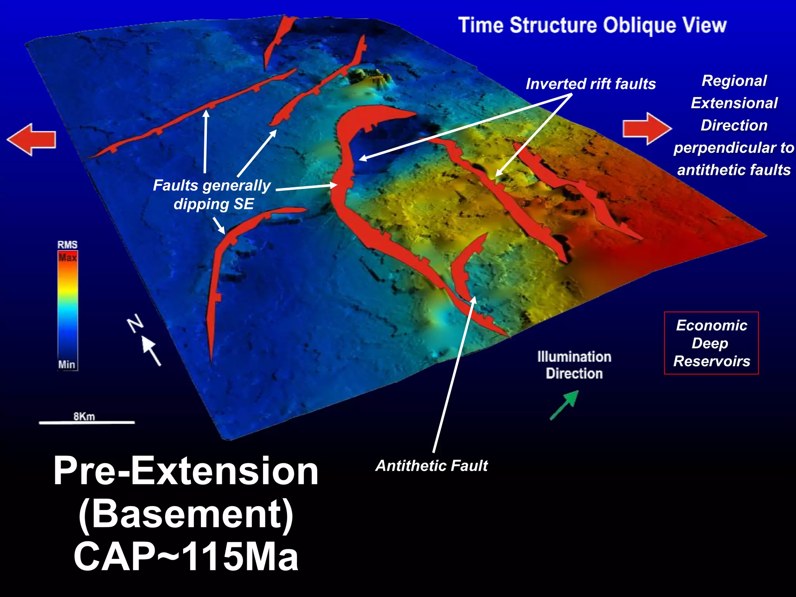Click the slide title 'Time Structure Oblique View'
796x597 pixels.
pyautogui.click(x=592, y=25)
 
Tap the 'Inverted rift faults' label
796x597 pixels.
pyautogui.click(x=590, y=84)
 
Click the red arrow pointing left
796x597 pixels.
pyautogui.click(x=32, y=140)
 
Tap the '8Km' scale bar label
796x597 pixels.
pyautogui.click(x=84, y=416)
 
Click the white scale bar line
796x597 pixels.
pyautogui.click(x=87, y=422)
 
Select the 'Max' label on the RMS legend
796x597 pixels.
pyautogui.click(x=68, y=257)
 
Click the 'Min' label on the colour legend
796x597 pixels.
pyautogui.click(x=66, y=365)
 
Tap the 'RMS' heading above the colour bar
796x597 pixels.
pyautogui.click(x=68, y=245)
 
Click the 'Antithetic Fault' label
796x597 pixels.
pyautogui.click(x=431, y=466)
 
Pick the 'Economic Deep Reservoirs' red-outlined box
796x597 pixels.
pyautogui.click(x=711, y=343)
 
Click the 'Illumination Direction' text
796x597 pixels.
pyautogui.click(x=574, y=365)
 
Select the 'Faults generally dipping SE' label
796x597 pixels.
pyautogui.click(x=212, y=195)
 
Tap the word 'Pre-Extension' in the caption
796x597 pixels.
pyautogui.click(x=186, y=471)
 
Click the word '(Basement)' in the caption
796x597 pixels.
pyautogui.click(x=186, y=514)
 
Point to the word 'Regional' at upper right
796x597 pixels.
pyautogui.click(x=734, y=81)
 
